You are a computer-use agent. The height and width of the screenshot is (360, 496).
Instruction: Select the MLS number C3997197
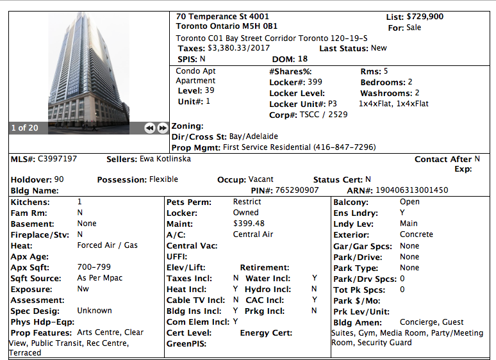(x=58, y=159)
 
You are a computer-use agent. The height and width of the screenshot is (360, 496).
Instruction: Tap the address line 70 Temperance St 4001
(x=222, y=17)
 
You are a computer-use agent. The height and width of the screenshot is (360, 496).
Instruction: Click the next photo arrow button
(x=162, y=128)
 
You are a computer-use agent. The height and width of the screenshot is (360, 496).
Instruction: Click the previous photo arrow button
(x=150, y=128)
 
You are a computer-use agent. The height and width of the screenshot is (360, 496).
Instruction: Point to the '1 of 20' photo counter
(x=25, y=128)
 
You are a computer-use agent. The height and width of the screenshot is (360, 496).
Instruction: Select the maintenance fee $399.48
(x=249, y=224)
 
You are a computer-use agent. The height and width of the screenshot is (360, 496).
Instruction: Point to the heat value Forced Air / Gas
(x=108, y=245)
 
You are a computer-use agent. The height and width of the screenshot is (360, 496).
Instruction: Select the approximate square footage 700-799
(x=94, y=267)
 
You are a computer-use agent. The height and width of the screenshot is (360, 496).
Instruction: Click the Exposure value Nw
(x=83, y=289)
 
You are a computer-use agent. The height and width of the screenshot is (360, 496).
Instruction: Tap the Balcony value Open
(x=409, y=202)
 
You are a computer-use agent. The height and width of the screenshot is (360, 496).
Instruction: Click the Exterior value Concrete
(x=417, y=234)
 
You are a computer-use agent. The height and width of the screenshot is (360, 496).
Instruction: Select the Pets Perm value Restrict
(x=247, y=202)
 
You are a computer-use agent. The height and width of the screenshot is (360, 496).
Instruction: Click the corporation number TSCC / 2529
(x=324, y=115)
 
